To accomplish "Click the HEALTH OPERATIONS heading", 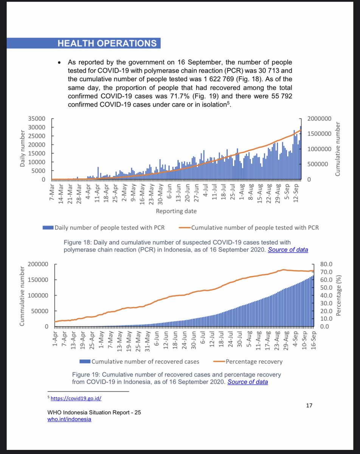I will [x=107, y=43].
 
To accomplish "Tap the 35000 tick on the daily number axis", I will [x=37, y=118].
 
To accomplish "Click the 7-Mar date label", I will [x=53, y=194].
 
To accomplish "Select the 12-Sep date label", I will [x=298, y=194].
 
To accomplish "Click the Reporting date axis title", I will [x=176, y=211].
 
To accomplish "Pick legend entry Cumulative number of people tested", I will [x=250, y=227].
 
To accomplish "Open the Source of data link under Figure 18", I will [x=288, y=250].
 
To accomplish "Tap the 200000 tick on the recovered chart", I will [x=37, y=264].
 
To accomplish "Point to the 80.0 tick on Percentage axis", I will [x=326, y=264].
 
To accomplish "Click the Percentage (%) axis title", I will [x=339, y=295].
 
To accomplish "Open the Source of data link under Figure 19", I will [x=248, y=382].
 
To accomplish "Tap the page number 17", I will [x=309, y=406].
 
